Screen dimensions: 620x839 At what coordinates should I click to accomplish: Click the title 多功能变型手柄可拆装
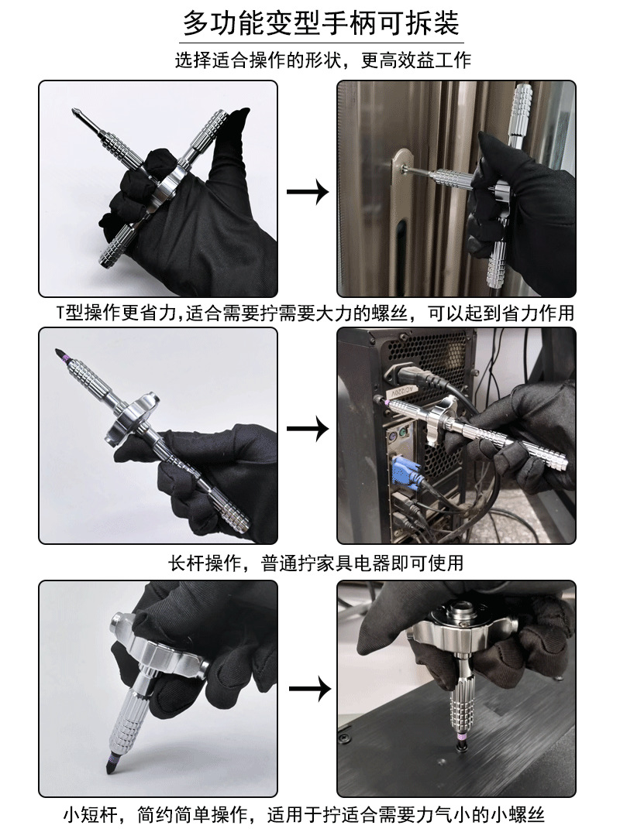[321, 23]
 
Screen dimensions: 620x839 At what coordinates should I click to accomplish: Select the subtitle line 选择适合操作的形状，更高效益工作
[322, 60]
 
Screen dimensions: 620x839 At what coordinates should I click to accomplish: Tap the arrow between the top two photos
[307, 191]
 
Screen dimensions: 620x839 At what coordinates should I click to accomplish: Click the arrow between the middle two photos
[307, 429]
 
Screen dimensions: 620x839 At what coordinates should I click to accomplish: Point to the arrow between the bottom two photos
[309, 688]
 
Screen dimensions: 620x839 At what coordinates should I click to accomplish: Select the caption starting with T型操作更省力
[315, 313]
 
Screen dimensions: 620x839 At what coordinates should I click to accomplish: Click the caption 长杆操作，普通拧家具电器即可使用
[316, 563]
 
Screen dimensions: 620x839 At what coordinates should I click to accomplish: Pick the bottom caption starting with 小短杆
[303, 815]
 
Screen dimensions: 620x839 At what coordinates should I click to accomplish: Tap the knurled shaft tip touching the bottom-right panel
[460, 743]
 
